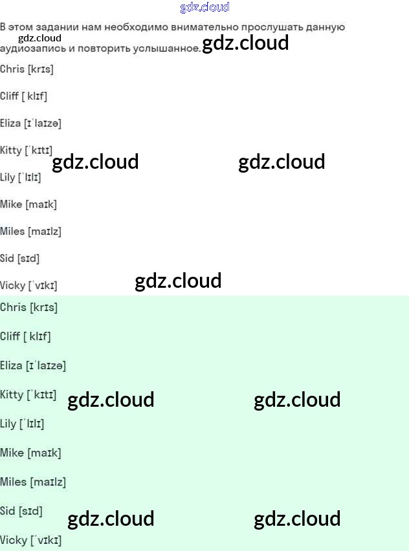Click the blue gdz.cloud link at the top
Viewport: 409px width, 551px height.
coord(204,8)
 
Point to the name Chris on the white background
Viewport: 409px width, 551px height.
coord(12,69)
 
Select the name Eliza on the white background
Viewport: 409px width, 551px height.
coord(10,123)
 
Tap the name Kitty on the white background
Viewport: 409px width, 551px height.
coord(11,151)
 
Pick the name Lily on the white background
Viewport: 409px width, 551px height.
coord(8,177)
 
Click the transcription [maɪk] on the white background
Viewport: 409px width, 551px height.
coord(41,204)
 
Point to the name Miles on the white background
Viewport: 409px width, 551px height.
coord(12,232)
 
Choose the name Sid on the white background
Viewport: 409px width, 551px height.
coord(7,259)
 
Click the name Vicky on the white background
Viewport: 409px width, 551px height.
coord(12,286)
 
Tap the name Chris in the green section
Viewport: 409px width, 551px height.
coord(13,308)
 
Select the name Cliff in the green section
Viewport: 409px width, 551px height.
coord(10,336)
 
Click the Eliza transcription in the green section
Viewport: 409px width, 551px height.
coord(45,366)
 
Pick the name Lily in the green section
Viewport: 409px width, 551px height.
coord(8,424)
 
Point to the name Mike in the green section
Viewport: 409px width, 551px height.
coord(12,453)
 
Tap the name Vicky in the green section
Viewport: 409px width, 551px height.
coord(13,540)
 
